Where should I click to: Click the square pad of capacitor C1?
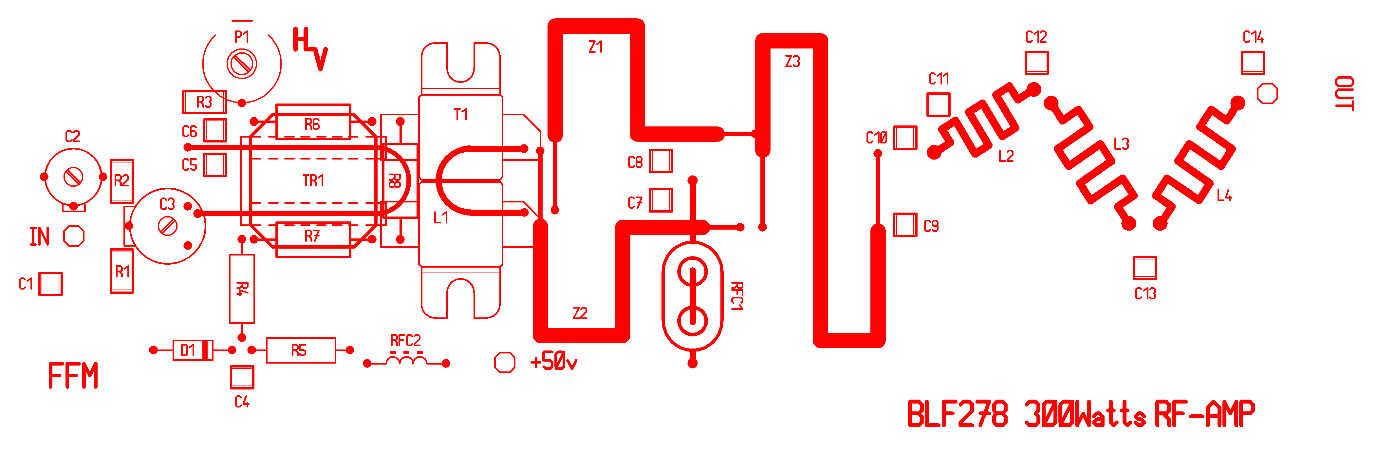coord(51,284)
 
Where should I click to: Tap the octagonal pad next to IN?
coord(74,236)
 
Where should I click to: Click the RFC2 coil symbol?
coord(406,361)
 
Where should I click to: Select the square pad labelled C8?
coord(661,161)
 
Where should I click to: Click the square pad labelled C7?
coord(661,200)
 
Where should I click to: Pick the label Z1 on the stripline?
coord(595,47)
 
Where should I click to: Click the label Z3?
coord(792,62)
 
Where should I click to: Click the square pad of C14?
coord(1253,63)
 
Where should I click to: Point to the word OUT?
coord(1344,94)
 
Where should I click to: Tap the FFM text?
coord(73,376)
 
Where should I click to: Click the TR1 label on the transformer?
coord(313,181)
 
